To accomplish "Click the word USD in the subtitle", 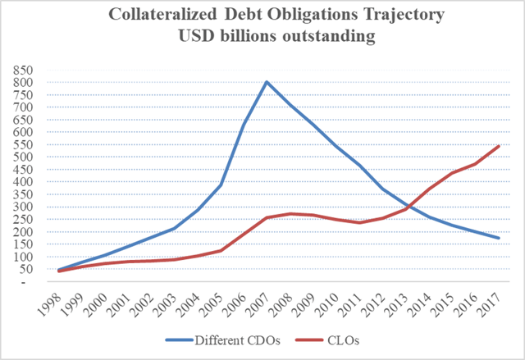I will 185,38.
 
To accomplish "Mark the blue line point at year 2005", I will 219,185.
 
